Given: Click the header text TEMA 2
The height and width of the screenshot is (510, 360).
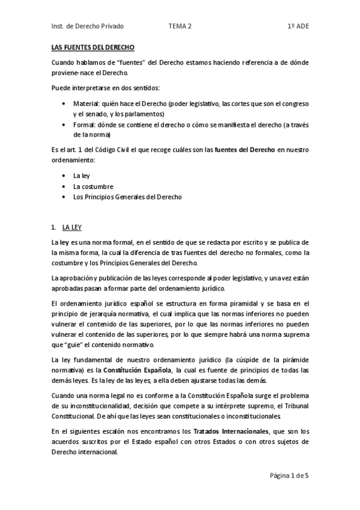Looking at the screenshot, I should [180, 26].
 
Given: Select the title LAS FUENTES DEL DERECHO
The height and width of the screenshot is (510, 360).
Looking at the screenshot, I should [93, 48].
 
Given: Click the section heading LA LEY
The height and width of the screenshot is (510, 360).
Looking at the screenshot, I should [72, 227].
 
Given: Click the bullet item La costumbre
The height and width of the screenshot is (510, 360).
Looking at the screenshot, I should [90, 186].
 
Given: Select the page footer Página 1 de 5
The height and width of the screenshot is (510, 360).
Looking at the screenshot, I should [289, 475].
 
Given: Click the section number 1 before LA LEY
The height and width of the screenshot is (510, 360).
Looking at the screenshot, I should [53, 227].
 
